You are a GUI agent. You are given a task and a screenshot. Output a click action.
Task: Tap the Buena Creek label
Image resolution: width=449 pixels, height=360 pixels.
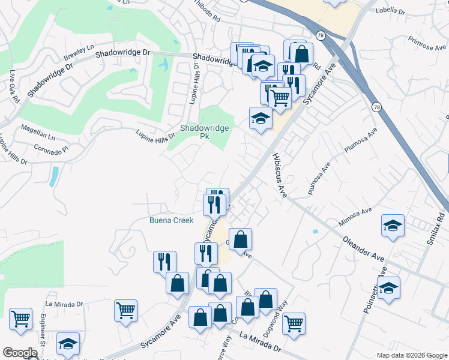171,220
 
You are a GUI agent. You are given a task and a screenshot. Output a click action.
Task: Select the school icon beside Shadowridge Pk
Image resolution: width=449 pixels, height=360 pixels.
259,118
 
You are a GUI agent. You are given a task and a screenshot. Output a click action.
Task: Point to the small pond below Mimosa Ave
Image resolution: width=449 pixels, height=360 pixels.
315,231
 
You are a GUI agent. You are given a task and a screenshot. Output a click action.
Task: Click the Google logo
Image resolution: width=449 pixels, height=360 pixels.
20,353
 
